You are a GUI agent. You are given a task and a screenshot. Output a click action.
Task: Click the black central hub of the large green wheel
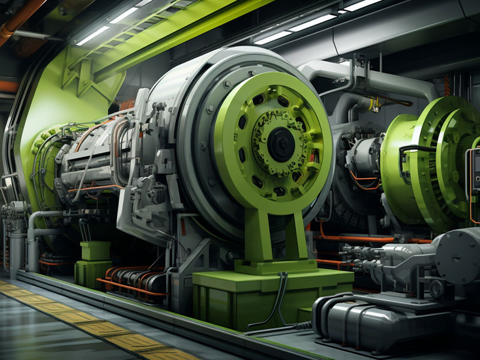coord(280,144)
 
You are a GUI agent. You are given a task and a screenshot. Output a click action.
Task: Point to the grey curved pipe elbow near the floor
coord(36,225)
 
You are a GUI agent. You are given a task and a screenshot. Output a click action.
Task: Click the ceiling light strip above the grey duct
coord(312,24)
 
